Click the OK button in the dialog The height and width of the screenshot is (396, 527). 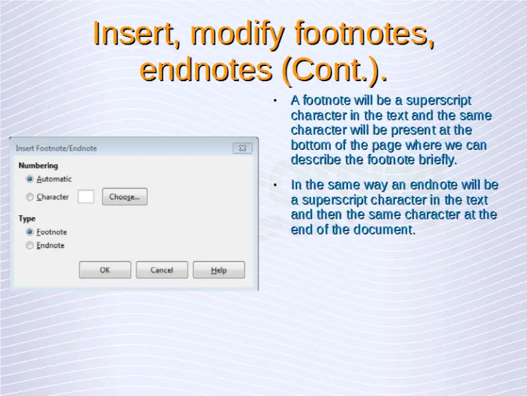pyautogui.click(x=104, y=270)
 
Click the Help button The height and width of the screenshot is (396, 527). pyautogui.click(x=219, y=270)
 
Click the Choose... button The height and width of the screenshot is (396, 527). pyautogui.click(x=124, y=197)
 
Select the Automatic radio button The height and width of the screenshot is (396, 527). pyautogui.click(x=30, y=179)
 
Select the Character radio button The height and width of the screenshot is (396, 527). pyautogui.click(x=30, y=197)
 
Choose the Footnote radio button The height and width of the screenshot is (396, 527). pyautogui.click(x=30, y=232)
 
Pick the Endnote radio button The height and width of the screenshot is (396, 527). pyautogui.click(x=30, y=245)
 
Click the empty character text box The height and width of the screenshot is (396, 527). pyautogui.click(x=86, y=197)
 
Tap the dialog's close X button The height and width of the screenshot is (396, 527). pyautogui.click(x=243, y=148)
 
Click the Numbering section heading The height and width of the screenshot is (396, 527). pyautogui.click(x=38, y=166)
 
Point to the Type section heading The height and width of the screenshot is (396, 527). pyautogui.click(x=27, y=219)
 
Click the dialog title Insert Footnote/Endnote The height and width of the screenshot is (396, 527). pyautogui.click(x=56, y=148)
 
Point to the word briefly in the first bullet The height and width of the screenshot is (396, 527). pyautogui.click(x=437, y=160)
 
